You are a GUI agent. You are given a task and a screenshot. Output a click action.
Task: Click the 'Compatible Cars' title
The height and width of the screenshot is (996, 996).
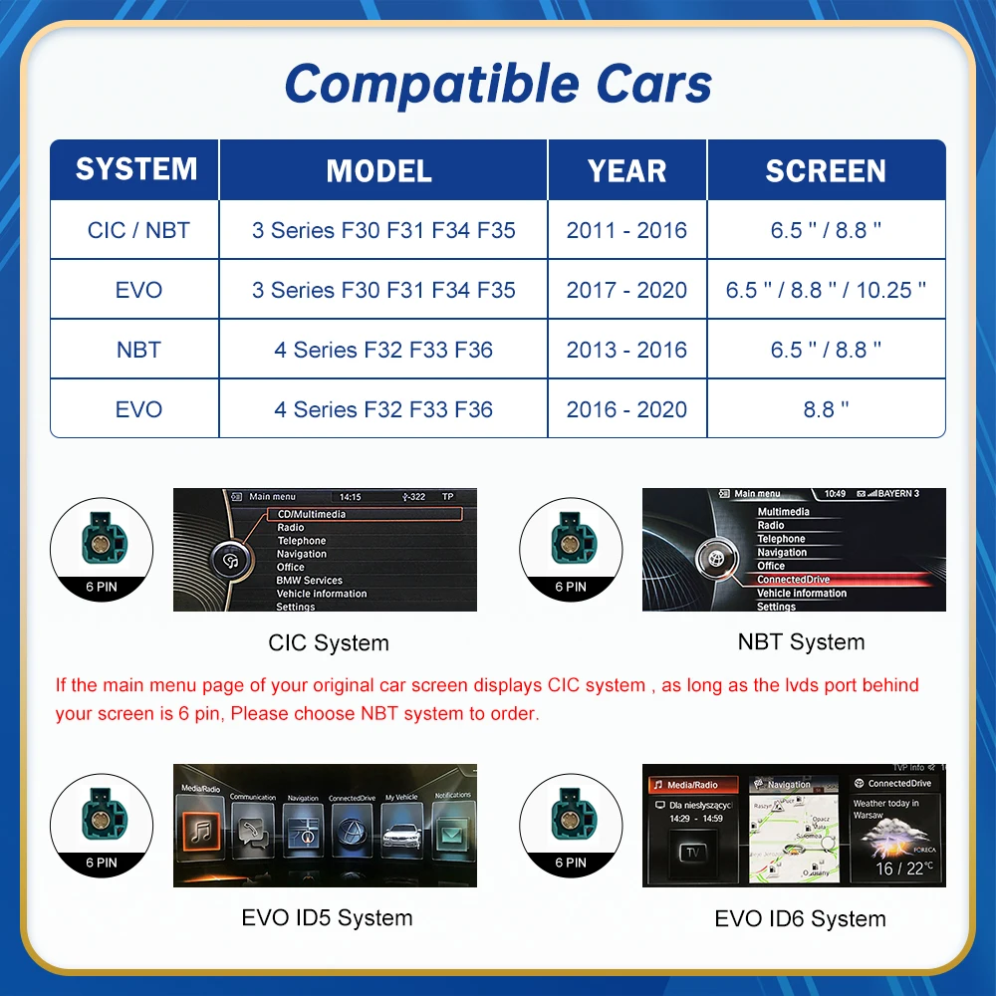(x=498, y=84)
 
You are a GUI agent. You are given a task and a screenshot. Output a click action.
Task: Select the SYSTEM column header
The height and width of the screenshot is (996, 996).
(x=135, y=169)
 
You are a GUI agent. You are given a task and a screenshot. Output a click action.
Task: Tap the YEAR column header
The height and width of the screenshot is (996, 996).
(x=626, y=170)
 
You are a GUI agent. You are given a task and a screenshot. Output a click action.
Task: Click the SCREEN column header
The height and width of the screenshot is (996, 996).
(x=826, y=170)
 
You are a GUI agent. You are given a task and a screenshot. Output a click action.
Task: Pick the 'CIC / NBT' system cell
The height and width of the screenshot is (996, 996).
(x=137, y=230)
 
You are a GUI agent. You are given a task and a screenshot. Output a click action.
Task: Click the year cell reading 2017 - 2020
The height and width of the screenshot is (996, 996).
(x=626, y=290)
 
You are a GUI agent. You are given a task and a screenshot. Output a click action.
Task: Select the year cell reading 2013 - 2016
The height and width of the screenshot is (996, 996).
(x=626, y=350)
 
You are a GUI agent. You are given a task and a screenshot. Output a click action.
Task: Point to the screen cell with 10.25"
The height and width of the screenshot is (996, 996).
(x=826, y=290)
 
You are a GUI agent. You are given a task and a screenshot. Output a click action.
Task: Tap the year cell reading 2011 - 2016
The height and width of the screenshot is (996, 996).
(x=626, y=230)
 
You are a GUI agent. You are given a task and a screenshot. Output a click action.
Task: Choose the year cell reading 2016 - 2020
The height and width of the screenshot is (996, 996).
(x=626, y=409)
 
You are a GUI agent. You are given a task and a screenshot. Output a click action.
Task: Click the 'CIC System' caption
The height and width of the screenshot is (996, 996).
(x=329, y=642)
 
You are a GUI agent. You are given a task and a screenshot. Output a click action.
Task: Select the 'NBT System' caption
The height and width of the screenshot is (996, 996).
(x=801, y=642)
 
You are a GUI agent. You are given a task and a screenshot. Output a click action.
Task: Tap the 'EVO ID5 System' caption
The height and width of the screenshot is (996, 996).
(x=327, y=917)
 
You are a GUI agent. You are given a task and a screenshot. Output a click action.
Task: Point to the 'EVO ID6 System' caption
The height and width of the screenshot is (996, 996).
(x=800, y=918)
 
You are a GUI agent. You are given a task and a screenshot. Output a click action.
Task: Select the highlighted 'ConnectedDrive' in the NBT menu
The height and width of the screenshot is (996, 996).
(x=793, y=580)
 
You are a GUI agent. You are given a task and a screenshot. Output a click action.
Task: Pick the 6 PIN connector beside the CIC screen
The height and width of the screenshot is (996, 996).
(x=101, y=550)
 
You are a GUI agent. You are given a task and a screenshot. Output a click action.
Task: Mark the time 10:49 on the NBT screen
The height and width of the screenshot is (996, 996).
(x=835, y=494)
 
